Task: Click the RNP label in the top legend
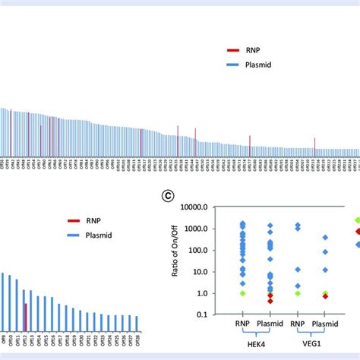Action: pyautogui.click(x=254, y=50)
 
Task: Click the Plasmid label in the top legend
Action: pyautogui.click(x=260, y=65)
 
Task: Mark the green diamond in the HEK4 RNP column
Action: pyautogui.click(x=242, y=293)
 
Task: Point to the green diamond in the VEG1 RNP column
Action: pyautogui.click(x=298, y=293)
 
